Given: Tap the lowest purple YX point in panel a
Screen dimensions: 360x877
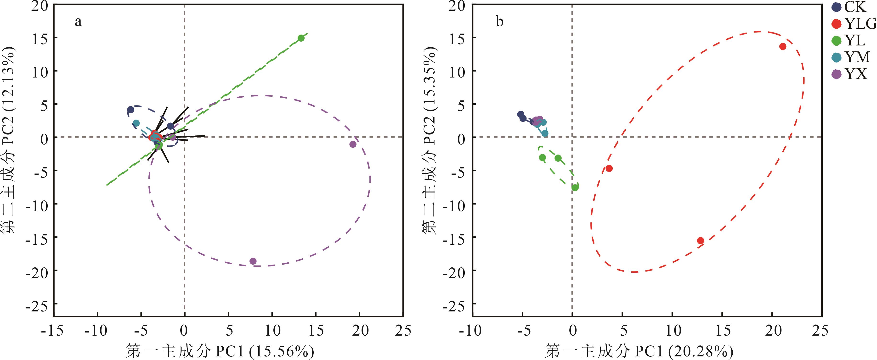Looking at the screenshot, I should point(253,261).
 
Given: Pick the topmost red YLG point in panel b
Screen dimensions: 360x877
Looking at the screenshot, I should point(783,47).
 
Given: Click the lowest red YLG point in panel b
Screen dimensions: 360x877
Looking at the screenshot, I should point(701,241).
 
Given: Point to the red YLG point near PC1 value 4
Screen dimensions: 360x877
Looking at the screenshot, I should point(609,168).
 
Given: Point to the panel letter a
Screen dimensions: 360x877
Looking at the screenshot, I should point(78,22).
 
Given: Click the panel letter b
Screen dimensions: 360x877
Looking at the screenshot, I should point(499,22).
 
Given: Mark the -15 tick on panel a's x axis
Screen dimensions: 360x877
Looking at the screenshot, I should point(52,330).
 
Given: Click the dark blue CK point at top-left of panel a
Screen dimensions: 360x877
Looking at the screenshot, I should point(131,110).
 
